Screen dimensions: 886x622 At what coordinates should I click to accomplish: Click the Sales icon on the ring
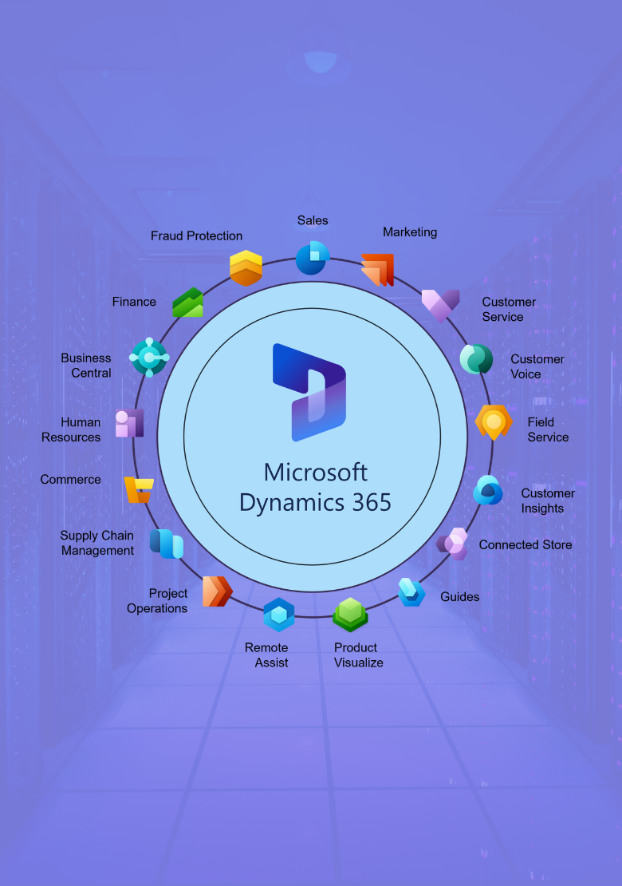(313, 258)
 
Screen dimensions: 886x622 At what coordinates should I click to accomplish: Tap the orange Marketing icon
(378, 270)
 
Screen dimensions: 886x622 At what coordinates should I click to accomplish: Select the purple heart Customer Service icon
(440, 305)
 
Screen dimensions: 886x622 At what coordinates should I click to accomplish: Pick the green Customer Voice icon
(477, 359)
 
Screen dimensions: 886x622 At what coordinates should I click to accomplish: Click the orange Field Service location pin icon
(494, 422)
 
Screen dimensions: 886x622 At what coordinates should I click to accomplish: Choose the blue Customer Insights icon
(488, 490)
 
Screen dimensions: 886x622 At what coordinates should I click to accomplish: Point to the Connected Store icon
(452, 544)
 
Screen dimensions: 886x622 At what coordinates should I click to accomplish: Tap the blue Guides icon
(411, 592)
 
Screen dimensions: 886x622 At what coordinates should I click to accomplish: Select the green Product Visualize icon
(350, 614)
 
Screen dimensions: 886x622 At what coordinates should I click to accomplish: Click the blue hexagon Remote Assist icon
(279, 615)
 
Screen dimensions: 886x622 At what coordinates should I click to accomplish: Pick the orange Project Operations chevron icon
(217, 591)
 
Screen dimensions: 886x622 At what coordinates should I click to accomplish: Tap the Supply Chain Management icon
(167, 544)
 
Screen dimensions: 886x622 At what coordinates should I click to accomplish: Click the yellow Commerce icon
(138, 489)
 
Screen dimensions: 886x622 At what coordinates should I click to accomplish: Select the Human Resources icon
(129, 423)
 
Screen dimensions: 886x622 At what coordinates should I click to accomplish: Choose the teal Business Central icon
(149, 358)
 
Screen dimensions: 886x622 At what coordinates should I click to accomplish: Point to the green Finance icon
(188, 303)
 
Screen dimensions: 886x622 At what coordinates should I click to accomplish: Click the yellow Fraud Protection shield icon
(246, 268)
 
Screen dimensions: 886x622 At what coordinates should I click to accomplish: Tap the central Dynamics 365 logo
(310, 392)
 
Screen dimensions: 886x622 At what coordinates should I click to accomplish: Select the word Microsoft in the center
(316, 472)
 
